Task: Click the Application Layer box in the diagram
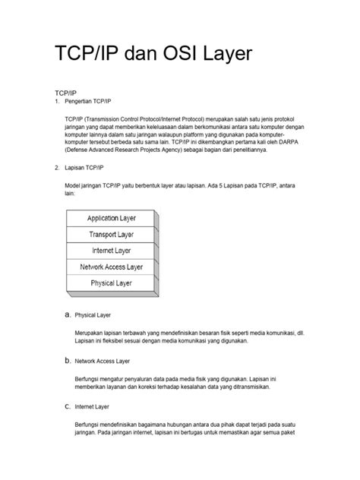(112, 219)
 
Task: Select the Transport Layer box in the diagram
(112, 235)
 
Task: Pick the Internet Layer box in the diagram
(112, 251)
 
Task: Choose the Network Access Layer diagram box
(112, 267)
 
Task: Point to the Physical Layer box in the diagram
(112, 283)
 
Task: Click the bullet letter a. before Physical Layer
(67, 314)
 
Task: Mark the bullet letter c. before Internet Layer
(67, 406)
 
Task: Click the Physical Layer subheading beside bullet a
(93, 314)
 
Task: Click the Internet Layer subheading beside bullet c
(92, 407)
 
